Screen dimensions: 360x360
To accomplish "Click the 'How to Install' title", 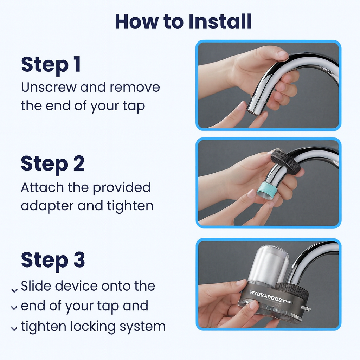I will coord(183,22).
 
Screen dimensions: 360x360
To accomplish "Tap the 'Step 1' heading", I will coord(51,65).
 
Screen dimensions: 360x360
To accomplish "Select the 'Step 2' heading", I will coord(53,163).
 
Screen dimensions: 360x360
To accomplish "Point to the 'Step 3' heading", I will coord(53,260).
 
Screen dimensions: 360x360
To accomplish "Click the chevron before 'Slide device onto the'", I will coord(14,290).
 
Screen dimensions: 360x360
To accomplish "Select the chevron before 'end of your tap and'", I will coord(14,308).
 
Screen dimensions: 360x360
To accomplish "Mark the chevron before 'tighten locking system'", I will coord(14,329).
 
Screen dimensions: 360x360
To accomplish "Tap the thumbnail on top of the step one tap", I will coord(283,54).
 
